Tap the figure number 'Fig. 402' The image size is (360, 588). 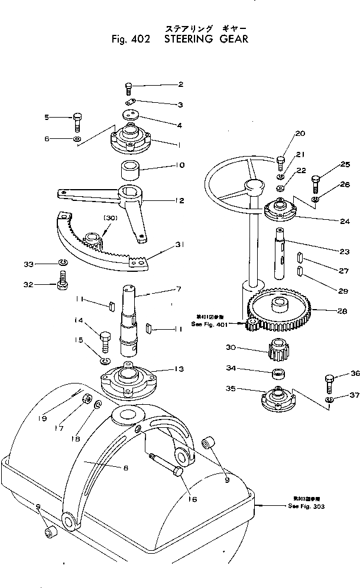point(131,40)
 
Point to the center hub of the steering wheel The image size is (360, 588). point(254,188)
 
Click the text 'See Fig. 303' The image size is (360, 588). point(306,506)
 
